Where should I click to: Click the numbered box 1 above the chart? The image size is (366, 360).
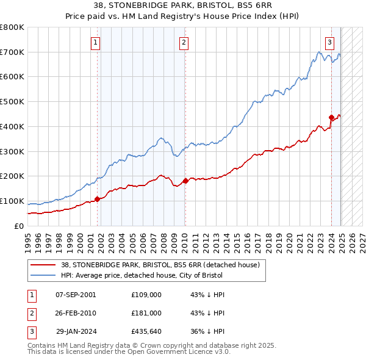(96, 42)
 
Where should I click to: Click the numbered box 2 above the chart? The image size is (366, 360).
(184, 42)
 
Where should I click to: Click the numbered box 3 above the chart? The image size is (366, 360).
(329, 42)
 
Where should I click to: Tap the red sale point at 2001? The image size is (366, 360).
(97, 199)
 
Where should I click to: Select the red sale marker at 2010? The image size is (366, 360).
(185, 181)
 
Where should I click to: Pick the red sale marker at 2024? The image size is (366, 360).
(331, 117)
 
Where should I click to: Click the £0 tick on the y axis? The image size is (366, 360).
(20, 226)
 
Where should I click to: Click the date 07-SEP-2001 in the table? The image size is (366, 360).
(76, 295)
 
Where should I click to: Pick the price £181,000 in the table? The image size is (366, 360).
(146, 313)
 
